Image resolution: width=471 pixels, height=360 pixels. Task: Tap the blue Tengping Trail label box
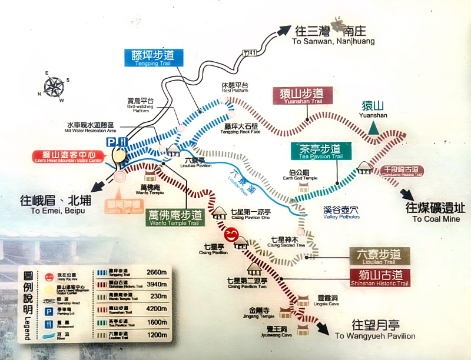pyautogui.click(x=154, y=58)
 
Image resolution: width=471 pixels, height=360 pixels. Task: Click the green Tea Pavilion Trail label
pyautogui.click(x=320, y=151)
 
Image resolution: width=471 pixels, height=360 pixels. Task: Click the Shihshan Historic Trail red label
pyautogui.click(x=379, y=276)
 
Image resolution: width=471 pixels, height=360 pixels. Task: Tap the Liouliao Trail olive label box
pyautogui.click(x=379, y=256)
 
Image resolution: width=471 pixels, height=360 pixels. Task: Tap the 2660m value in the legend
pyautogui.click(x=155, y=271)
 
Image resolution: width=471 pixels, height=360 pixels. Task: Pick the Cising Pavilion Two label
pyautogui.click(x=247, y=284)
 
